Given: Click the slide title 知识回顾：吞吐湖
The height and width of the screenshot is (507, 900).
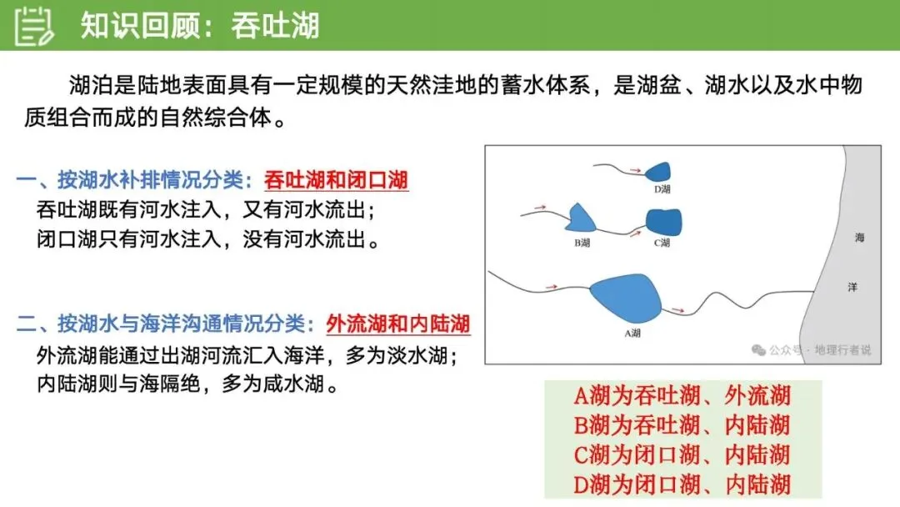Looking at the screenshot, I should coord(200,26).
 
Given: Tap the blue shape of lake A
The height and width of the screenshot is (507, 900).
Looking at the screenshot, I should coord(626,296).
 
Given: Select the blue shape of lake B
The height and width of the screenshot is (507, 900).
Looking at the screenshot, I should coord(582,218).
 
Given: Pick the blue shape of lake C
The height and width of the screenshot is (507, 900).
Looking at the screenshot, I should coord(664,221).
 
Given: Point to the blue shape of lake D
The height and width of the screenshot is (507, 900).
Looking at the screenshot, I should coord(658,171).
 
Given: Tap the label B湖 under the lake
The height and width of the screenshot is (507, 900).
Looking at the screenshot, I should coord(582,243).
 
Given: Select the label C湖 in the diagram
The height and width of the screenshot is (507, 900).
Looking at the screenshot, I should coord(662,243).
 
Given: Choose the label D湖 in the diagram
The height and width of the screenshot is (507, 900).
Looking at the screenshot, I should coord(662,189).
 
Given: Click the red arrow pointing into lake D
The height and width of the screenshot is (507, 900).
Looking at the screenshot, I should coord(635,170).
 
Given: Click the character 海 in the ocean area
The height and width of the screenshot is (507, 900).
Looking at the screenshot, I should coord(859,238).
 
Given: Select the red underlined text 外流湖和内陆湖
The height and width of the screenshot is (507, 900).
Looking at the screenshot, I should coord(397,323).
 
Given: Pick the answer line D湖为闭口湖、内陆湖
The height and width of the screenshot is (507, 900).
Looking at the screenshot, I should coord(682,483).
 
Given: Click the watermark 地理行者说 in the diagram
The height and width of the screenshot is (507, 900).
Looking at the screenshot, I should coord(842,350).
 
